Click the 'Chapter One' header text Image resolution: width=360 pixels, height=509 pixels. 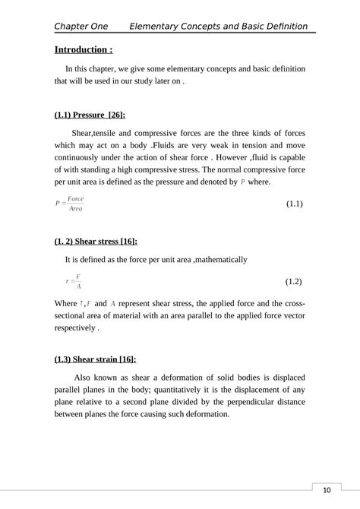[x=81, y=27]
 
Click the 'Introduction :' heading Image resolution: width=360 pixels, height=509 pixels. [x=84, y=50]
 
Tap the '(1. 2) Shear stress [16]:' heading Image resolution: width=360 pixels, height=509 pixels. [x=96, y=241]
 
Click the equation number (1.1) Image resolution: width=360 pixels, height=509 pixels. [x=295, y=204]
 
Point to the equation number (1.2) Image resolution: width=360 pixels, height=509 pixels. [x=295, y=281]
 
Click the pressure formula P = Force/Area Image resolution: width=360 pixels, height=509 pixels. [x=70, y=204]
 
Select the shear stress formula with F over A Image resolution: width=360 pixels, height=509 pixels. [x=74, y=281]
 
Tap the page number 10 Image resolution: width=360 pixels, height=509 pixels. [x=327, y=490]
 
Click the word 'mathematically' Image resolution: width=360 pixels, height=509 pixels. [x=221, y=260]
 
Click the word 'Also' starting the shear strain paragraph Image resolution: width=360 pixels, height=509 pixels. [x=83, y=377]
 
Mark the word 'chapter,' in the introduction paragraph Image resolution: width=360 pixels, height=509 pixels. [x=116, y=68]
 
